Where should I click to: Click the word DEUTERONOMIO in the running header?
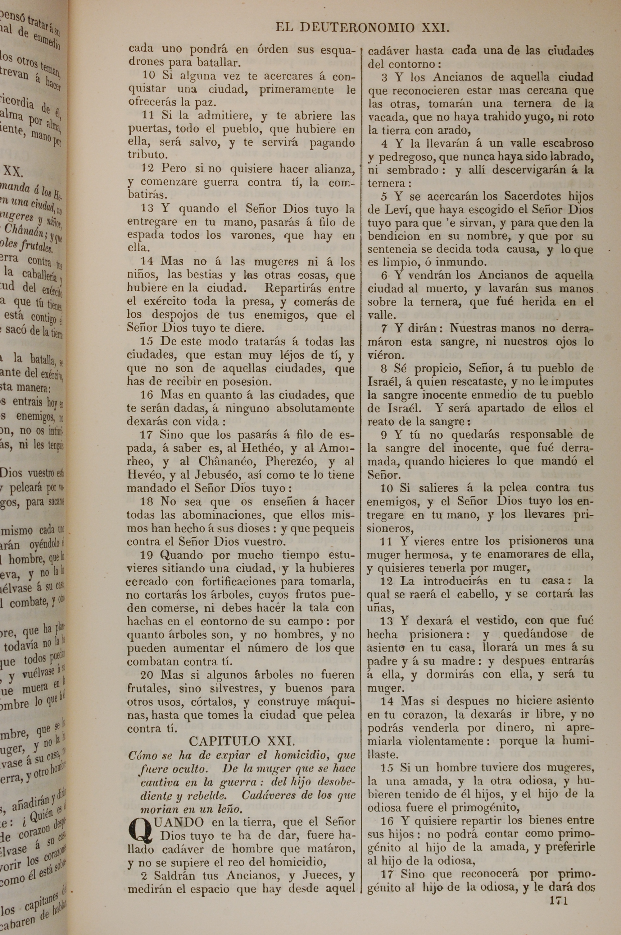357,27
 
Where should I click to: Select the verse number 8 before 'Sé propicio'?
384,369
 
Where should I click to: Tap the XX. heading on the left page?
13,172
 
